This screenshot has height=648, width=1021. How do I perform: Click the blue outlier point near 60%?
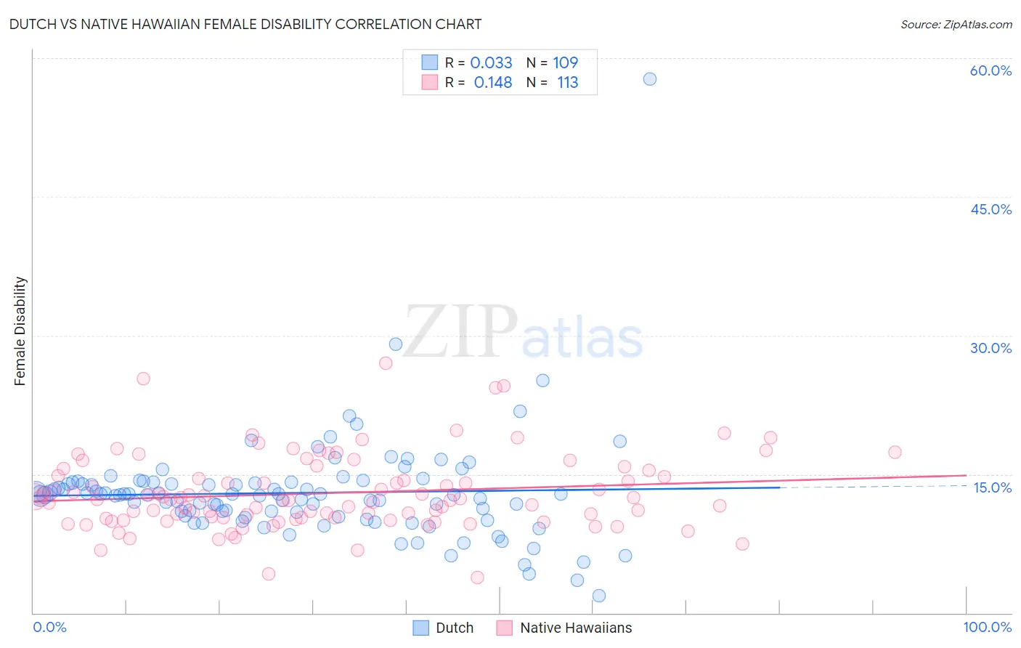click(x=650, y=78)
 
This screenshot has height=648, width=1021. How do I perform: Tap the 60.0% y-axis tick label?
click(x=991, y=70)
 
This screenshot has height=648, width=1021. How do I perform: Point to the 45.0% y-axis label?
click(x=991, y=209)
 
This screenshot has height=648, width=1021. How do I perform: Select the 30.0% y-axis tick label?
click(x=991, y=348)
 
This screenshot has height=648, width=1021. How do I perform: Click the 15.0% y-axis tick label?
click(x=992, y=487)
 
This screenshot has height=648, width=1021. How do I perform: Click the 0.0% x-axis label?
click(x=49, y=627)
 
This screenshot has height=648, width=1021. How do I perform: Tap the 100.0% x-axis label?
click(x=987, y=627)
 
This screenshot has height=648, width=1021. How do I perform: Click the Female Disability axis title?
click(x=20, y=331)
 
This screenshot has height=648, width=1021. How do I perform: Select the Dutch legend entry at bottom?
click(x=443, y=628)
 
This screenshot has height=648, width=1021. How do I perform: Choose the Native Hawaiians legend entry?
click(x=565, y=628)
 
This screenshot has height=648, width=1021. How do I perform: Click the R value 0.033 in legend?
click(x=491, y=62)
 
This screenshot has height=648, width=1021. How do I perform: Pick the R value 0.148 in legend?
click(x=492, y=82)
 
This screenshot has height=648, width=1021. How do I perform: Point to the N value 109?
click(x=565, y=62)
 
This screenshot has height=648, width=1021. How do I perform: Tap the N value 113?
click(x=567, y=82)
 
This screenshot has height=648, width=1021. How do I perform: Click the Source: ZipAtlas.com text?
click(x=956, y=24)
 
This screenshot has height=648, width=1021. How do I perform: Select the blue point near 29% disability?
click(x=396, y=344)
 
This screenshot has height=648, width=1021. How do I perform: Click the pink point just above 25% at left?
click(x=143, y=378)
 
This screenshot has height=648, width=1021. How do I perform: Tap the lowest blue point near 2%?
click(x=599, y=596)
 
